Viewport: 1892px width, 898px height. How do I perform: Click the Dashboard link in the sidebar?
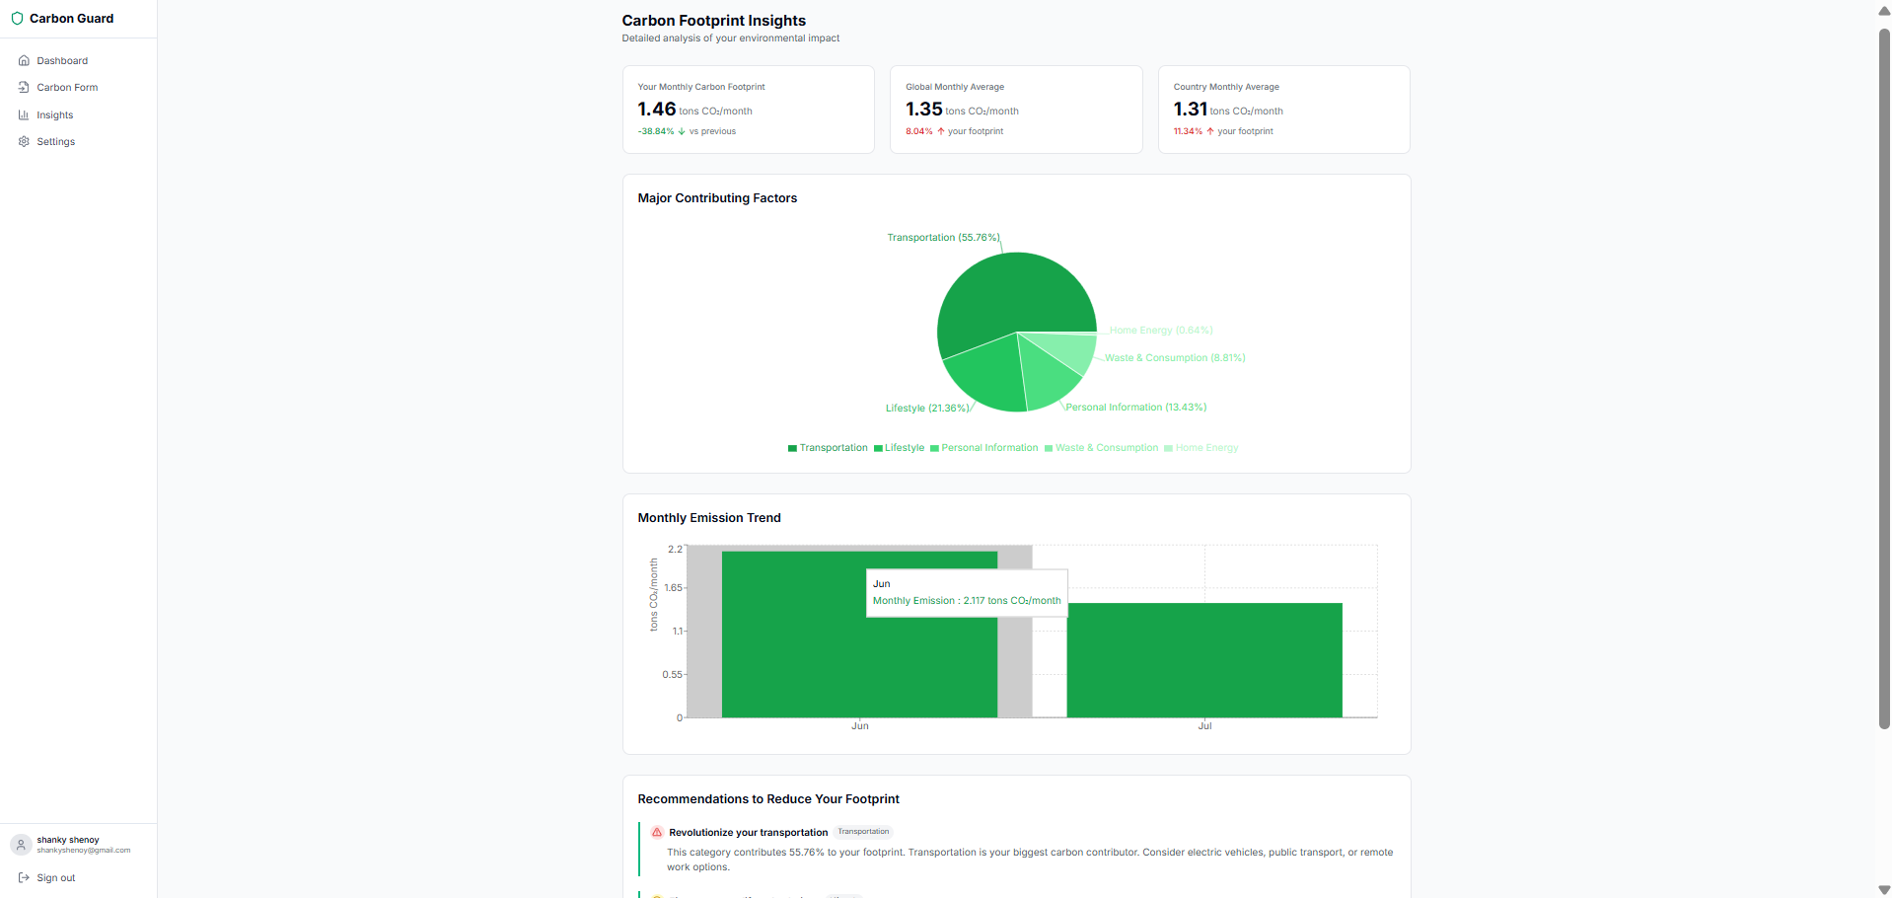point(61,61)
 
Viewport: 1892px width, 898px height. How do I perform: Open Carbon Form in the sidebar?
point(66,88)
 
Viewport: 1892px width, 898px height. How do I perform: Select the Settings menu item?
point(55,142)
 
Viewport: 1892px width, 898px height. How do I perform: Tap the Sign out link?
point(55,878)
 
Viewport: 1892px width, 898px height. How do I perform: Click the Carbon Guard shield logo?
point(17,19)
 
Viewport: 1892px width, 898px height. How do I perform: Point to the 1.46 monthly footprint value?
point(657,110)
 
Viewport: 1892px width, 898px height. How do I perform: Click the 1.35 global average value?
point(924,110)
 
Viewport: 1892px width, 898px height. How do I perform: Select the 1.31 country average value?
point(1191,110)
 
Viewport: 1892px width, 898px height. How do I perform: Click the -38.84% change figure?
point(656,131)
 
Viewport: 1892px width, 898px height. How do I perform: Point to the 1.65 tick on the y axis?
point(673,588)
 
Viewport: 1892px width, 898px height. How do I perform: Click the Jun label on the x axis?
point(860,726)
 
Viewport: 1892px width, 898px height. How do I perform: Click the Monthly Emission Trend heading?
point(709,518)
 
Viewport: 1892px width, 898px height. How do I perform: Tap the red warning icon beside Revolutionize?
point(657,833)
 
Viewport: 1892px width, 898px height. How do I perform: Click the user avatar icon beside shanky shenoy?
point(21,845)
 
